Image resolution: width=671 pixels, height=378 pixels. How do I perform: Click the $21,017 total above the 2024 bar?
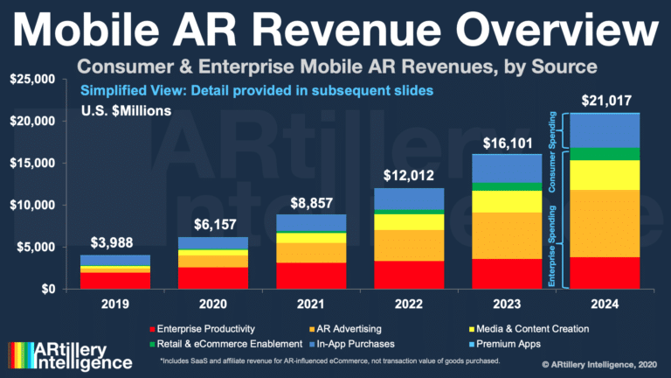click(605, 99)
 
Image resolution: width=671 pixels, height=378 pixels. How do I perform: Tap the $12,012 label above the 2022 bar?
click(409, 174)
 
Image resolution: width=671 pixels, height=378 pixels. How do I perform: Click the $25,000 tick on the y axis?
click(33, 80)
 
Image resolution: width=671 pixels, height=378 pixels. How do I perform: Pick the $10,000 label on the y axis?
click(33, 206)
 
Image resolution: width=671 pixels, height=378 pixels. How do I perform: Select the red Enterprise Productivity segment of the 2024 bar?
click(605, 272)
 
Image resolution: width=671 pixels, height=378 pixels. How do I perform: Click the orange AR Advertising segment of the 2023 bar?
click(505, 235)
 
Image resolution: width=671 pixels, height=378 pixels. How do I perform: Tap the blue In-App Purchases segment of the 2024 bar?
click(605, 130)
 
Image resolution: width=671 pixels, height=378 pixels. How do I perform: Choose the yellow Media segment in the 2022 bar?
click(409, 222)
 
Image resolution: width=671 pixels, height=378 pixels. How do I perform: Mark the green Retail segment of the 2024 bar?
click(605, 154)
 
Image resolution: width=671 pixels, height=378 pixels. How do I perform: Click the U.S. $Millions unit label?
click(128, 111)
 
